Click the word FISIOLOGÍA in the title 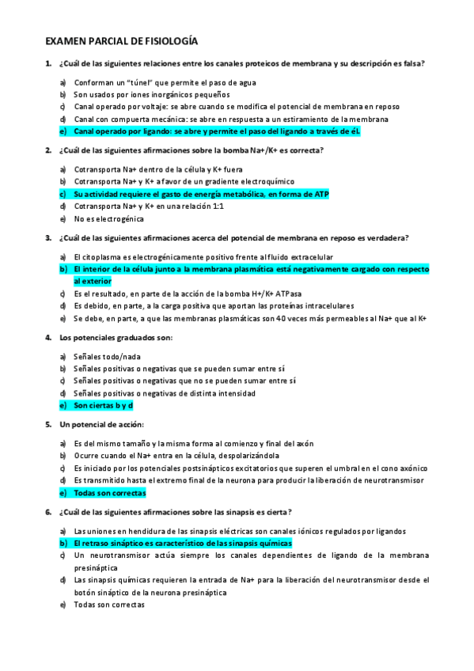pyautogui.click(x=169, y=40)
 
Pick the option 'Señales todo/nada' pyautogui.click(x=111, y=356)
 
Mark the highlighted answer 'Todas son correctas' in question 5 pyautogui.click(x=110, y=493)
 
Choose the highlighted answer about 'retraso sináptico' pyautogui.click(x=182, y=544)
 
